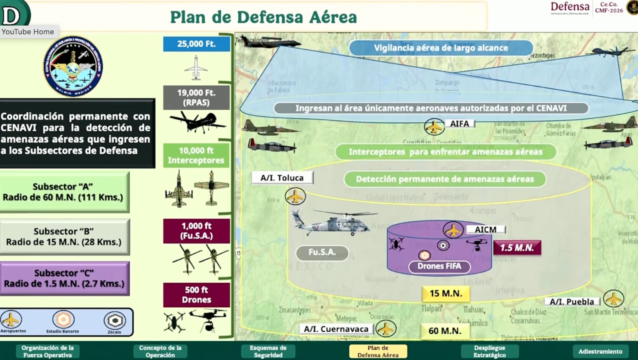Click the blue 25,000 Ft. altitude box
click(x=196, y=44)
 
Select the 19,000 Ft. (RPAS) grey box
click(x=196, y=98)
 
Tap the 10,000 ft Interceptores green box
click(x=196, y=155)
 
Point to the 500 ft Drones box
click(x=196, y=295)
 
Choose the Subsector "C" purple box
click(x=64, y=278)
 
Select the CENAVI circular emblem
click(x=73, y=67)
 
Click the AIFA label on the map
click(x=459, y=124)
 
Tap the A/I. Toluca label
click(x=282, y=178)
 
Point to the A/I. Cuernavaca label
click(x=336, y=329)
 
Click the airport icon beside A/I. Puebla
click(x=613, y=299)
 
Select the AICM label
click(x=485, y=230)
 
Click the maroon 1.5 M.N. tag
click(x=517, y=248)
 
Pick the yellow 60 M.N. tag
click(x=445, y=331)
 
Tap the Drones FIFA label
click(x=439, y=266)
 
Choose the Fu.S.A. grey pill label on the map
click(x=322, y=252)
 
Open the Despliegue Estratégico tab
click(x=489, y=351)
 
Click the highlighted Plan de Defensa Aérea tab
click(x=378, y=351)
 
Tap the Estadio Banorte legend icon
click(x=63, y=320)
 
